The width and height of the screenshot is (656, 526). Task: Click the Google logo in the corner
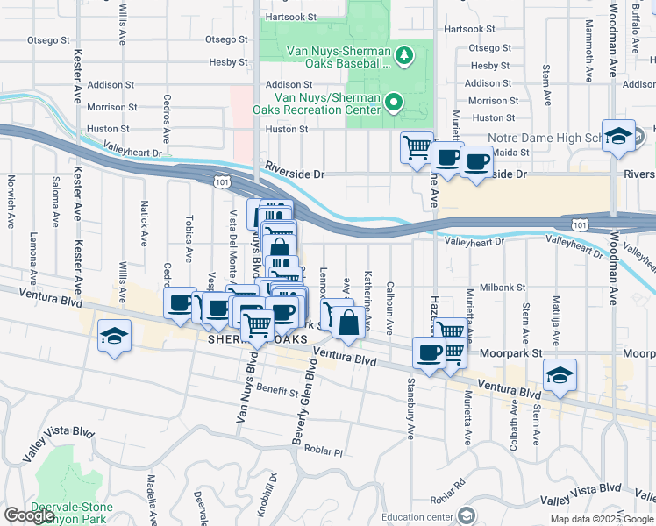tap(29, 515)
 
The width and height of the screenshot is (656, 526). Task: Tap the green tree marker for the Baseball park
tap(403, 57)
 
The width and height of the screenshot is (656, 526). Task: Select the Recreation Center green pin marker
tap(394, 103)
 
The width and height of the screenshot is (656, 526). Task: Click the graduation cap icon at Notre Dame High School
tap(618, 136)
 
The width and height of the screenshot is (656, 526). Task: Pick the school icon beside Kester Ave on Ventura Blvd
tap(113, 338)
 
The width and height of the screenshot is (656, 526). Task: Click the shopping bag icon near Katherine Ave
tap(349, 323)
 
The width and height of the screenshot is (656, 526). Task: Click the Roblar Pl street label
tap(324, 452)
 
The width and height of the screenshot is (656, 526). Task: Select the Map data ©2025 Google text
tap(601, 519)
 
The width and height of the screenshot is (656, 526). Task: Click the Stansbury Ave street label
tap(410, 408)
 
